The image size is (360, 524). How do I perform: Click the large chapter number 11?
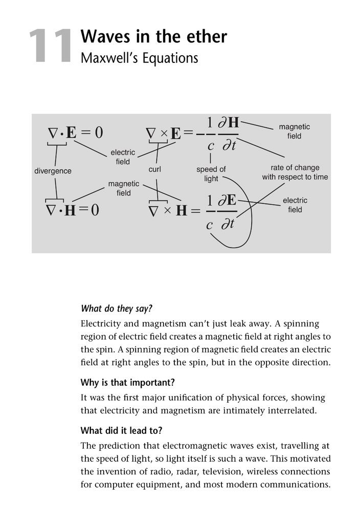tap(50, 47)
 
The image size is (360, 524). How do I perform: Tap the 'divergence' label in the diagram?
tap(53, 171)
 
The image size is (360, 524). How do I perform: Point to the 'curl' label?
tap(154, 169)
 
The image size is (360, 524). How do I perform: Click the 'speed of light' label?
tap(211, 173)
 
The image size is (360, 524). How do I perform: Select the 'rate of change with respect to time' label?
tap(295, 172)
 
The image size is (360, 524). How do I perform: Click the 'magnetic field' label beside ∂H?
tap(294, 131)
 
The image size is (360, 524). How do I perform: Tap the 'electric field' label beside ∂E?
tap(295, 205)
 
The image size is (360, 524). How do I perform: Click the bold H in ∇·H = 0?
tap(70, 210)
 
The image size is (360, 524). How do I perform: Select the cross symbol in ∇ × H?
tap(167, 210)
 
